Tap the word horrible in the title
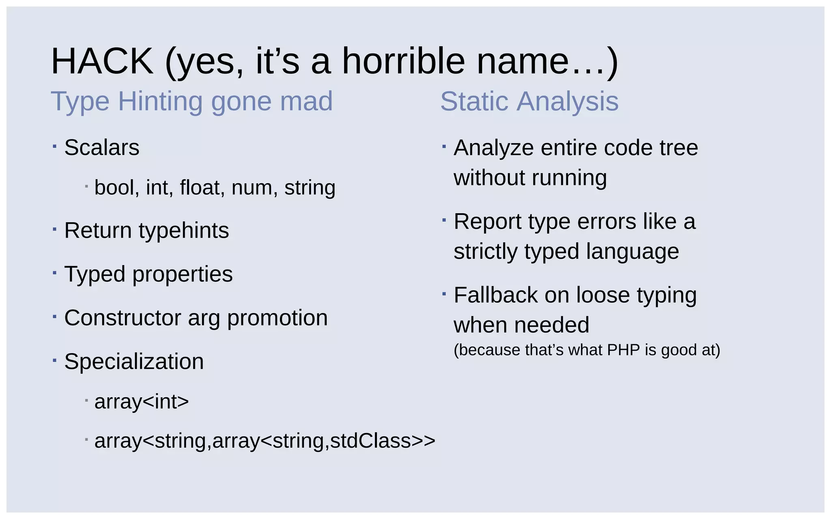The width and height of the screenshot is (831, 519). (403, 62)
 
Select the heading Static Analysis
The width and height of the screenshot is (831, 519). (529, 101)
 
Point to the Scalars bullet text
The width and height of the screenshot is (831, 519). (101, 148)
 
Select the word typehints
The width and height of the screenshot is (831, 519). (184, 231)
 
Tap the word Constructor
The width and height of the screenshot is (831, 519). (123, 318)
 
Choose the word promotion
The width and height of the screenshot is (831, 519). (277, 318)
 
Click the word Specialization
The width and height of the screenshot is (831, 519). (134, 362)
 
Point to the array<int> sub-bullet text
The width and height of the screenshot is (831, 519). (142, 402)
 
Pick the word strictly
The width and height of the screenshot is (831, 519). (485, 252)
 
